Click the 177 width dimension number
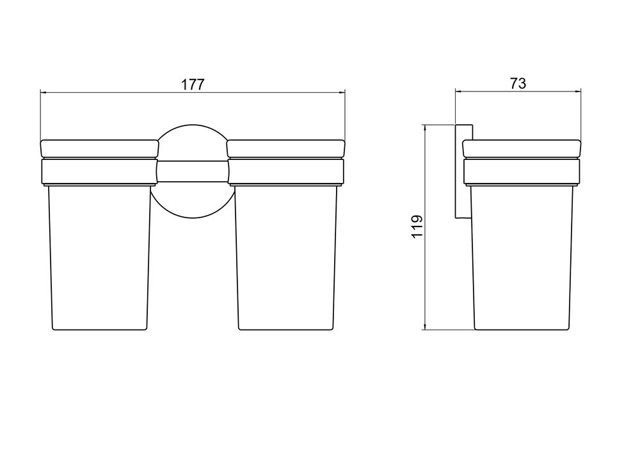(x=192, y=84)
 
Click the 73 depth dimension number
(x=518, y=84)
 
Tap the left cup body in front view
(x=99, y=257)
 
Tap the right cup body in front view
(x=286, y=257)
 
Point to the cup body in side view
(x=522, y=257)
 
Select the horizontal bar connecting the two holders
(x=192, y=171)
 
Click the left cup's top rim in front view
(x=99, y=149)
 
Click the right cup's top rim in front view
(x=286, y=149)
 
